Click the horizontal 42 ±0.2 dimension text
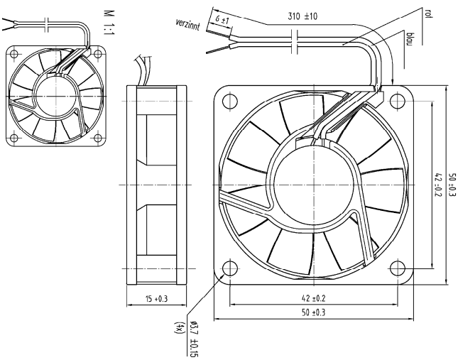[x=312, y=298]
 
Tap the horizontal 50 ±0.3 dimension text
[x=312, y=312]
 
